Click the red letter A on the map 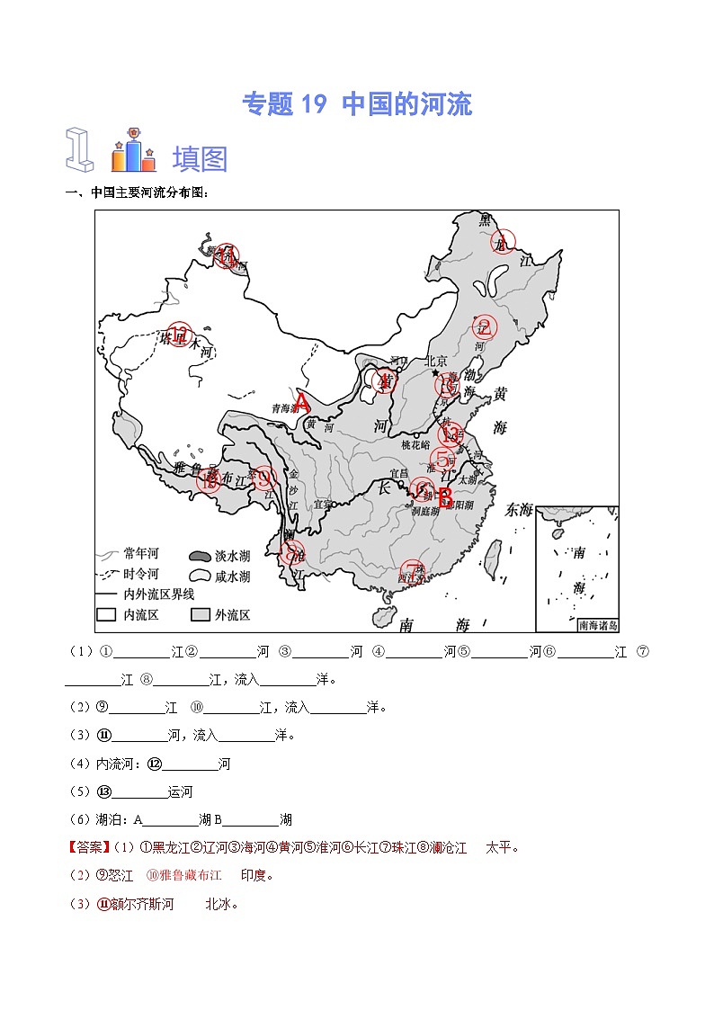tap(302, 402)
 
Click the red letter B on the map tap(444, 497)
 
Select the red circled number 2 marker tap(485, 327)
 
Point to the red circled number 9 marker tap(263, 477)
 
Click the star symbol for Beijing tap(436, 372)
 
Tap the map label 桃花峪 tap(417, 445)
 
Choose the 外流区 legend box tap(201, 615)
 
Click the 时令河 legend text tap(142, 574)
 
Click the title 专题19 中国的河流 tap(357, 104)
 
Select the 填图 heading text tap(200, 158)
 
